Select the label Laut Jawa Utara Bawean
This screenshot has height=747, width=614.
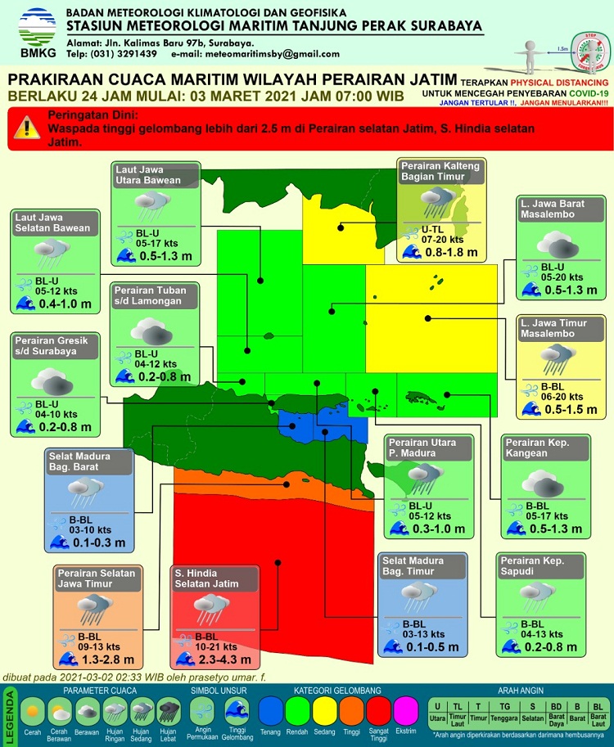pos(146,174)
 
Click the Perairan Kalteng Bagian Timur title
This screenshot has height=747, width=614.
pos(440,171)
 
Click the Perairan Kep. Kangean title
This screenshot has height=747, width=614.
pos(536,448)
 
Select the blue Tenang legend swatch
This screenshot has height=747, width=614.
pos(273,710)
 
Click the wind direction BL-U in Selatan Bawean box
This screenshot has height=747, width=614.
pos(47,281)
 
